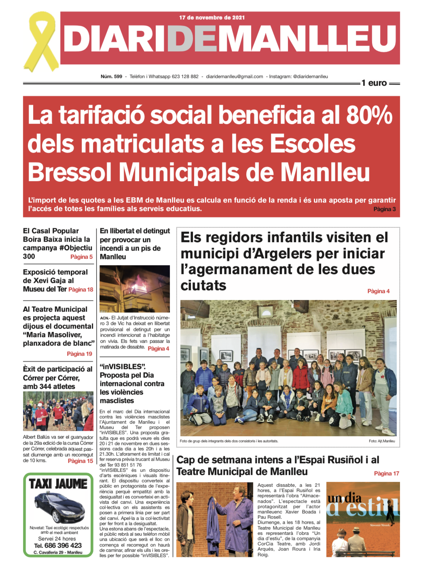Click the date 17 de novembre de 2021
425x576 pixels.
(x=212, y=17)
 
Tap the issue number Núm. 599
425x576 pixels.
(x=111, y=76)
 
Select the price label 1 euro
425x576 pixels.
(x=374, y=83)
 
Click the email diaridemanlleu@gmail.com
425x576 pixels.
(x=235, y=76)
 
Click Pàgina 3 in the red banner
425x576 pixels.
(x=384, y=209)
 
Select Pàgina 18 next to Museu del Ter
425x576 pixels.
(x=81, y=289)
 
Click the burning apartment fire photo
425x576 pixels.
(x=135, y=289)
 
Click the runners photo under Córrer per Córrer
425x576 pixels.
(x=58, y=411)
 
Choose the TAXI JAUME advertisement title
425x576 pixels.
(x=58, y=483)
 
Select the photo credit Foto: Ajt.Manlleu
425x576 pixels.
(x=382, y=441)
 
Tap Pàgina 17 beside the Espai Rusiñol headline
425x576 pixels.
(x=386, y=473)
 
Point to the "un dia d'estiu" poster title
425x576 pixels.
(x=362, y=505)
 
